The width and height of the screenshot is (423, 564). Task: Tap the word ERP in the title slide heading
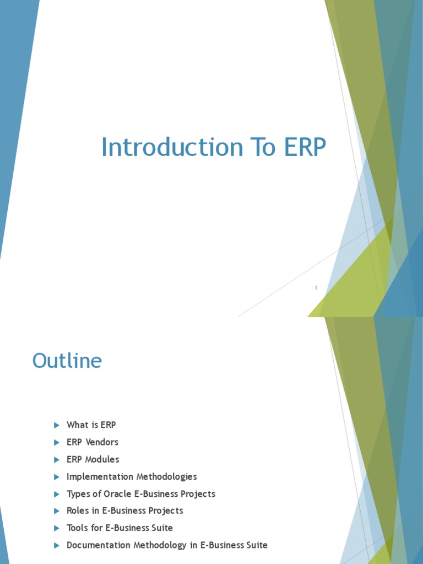[x=305, y=147]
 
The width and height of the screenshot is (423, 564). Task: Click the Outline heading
[x=67, y=360]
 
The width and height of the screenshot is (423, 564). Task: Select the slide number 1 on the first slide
[x=316, y=288]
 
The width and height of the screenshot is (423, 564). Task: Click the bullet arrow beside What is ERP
[x=57, y=425]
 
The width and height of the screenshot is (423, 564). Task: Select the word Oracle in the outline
[x=117, y=493]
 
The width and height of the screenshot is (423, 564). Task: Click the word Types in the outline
[x=78, y=494]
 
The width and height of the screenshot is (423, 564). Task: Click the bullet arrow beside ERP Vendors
[x=57, y=442]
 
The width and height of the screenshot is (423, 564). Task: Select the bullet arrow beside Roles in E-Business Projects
[x=57, y=511]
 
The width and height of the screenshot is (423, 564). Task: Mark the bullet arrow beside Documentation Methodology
[x=57, y=546]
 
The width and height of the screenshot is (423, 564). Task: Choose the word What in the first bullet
[x=78, y=425]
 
